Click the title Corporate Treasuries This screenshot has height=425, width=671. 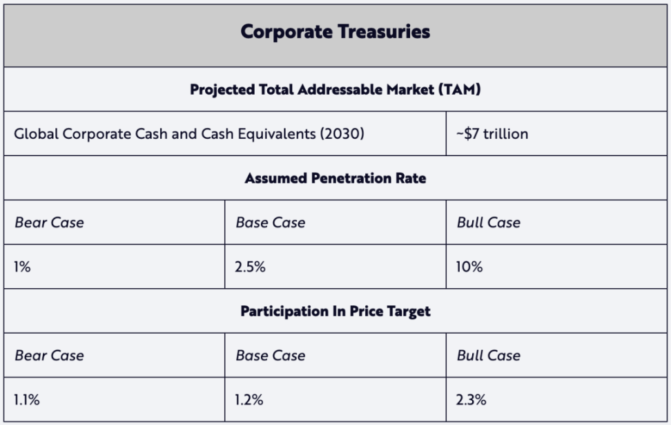[x=335, y=32]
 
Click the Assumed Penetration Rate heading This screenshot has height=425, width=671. [x=335, y=178]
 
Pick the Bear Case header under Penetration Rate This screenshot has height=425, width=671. [x=49, y=223]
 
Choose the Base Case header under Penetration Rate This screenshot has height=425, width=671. [x=271, y=223]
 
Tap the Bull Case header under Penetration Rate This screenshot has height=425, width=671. [x=489, y=223]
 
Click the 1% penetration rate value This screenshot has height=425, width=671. [x=22, y=267]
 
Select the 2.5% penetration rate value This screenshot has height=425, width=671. [x=251, y=267]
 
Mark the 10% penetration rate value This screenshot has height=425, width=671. [x=469, y=267]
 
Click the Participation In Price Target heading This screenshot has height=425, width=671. [x=335, y=312]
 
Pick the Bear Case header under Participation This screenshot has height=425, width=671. [x=49, y=356]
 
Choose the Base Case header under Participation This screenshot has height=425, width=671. [x=271, y=356]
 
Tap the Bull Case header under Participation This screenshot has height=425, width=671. [x=489, y=356]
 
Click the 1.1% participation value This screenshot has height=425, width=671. [x=27, y=399]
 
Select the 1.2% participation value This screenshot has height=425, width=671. [x=249, y=399]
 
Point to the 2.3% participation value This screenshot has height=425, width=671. [x=471, y=399]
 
